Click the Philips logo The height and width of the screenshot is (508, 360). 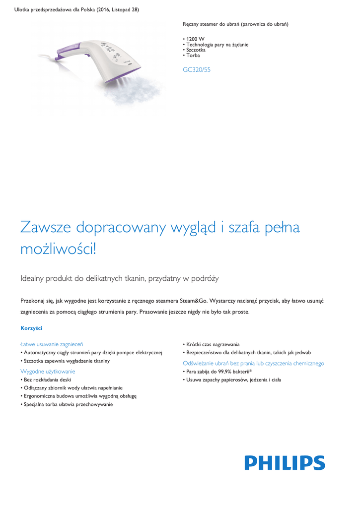tap(285, 463)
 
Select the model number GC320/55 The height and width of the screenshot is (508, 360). tap(197, 70)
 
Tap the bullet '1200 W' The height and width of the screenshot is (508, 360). tap(195, 39)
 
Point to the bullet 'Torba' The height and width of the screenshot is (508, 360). tap(193, 56)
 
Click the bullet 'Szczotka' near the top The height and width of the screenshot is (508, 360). tap(196, 50)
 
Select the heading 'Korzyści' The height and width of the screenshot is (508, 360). tap(31, 328)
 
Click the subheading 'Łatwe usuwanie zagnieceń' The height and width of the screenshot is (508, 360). tap(52, 344)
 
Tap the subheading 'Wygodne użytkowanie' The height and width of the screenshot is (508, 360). tap(48, 371)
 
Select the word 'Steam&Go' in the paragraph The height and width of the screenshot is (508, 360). tap(191, 301)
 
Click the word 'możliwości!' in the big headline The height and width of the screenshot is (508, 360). tap(58, 249)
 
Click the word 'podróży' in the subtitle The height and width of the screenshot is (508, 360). tap(205, 279)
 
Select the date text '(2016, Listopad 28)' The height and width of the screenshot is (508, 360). tap(112, 10)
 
